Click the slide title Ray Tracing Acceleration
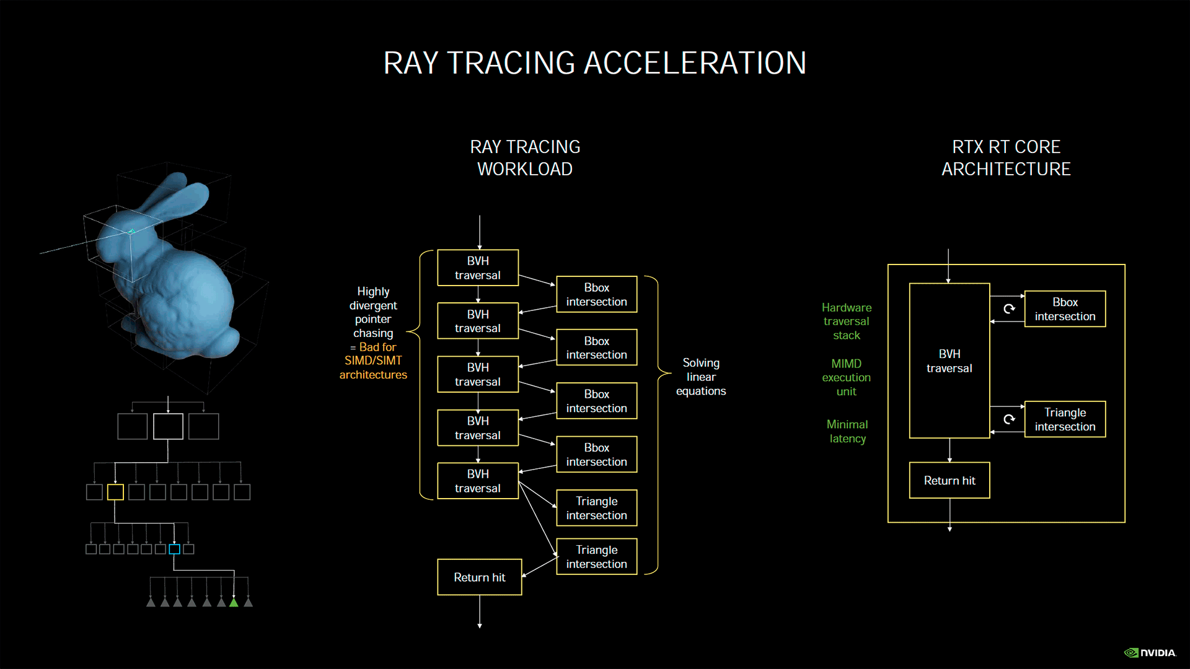pyautogui.click(x=594, y=63)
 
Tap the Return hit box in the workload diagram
pyautogui.click(x=479, y=577)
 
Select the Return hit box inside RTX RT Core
pyautogui.click(x=949, y=481)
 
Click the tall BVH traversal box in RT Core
pyautogui.click(x=949, y=361)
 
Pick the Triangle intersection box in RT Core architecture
pyautogui.click(x=1065, y=419)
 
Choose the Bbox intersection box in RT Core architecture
pyautogui.click(x=1065, y=309)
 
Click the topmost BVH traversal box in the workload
pyautogui.click(x=477, y=268)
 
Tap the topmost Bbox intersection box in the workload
pyautogui.click(x=596, y=295)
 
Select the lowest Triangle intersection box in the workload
pyautogui.click(x=596, y=557)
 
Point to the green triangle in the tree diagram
pyautogui.click(x=234, y=602)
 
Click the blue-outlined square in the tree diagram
pyautogui.click(x=174, y=549)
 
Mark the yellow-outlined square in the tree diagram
pyautogui.click(x=115, y=492)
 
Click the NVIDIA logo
pyautogui.click(x=1150, y=653)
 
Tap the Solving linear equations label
pyautogui.click(x=700, y=377)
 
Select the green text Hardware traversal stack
pyautogui.click(x=846, y=321)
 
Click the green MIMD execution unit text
pyautogui.click(x=846, y=377)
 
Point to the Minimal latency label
pyautogui.click(x=847, y=432)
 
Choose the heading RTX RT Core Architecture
pyautogui.click(x=1006, y=158)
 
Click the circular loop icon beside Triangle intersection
pyautogui.click(x=1009, y=419)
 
